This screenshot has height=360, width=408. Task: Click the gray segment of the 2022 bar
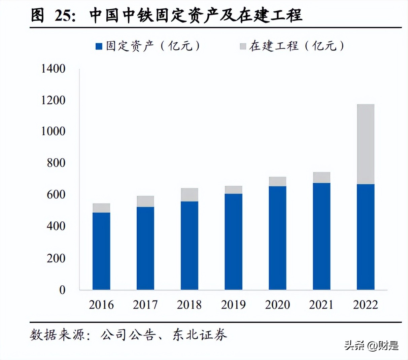coord(365,144)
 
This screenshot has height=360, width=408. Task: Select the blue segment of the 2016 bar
coord(101,251)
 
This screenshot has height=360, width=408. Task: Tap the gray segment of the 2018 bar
coord(189,195)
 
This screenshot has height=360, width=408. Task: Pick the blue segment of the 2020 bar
coord(277,238)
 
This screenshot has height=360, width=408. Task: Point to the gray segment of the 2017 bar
coord(145,201)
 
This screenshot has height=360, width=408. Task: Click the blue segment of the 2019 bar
coord(233,241)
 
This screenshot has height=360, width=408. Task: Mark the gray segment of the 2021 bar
coord(321,178)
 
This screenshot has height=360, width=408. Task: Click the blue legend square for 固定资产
coord(99,46)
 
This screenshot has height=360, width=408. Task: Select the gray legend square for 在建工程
coord(243,46)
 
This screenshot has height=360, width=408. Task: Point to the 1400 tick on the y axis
coord(53,69)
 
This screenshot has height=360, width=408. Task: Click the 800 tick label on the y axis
coord(56,163)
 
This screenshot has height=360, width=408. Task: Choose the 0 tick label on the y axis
coord(62,290)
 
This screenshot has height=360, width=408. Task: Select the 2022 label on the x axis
coord(365,304)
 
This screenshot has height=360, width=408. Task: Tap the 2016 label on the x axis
coord(101,304)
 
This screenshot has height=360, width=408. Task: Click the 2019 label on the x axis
coord(233,304)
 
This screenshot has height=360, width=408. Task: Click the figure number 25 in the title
coord(65,16)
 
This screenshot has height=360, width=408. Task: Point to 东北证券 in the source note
coord(200,334)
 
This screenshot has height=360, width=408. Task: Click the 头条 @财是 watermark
coord(371,346)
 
